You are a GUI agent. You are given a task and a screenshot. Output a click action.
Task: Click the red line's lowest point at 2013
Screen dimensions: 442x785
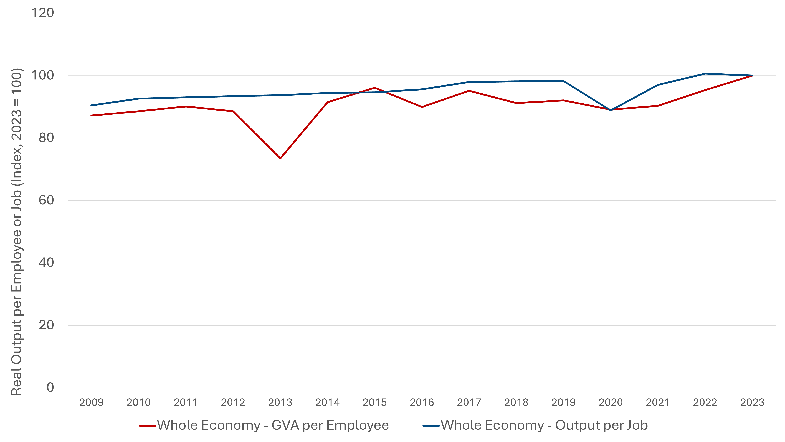click(x=280, y=158)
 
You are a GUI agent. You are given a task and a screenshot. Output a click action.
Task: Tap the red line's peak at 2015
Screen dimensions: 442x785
click(x=374, y=88)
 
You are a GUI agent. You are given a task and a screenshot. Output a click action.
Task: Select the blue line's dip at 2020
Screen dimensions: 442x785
click(x=610, y=110)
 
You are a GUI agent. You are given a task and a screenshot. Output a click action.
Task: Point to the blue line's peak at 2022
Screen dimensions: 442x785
click(x=705, y=74)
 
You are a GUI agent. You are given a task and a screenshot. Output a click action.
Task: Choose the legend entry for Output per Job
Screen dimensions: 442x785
click(x=544, y=425)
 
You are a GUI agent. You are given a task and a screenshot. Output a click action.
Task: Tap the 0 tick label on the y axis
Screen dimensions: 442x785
click(x=50, y=388)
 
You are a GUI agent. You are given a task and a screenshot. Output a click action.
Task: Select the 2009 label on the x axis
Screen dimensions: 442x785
click(x=91, y=402)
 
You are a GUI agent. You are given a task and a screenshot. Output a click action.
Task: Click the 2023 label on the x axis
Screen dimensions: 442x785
click(x=752, y=402)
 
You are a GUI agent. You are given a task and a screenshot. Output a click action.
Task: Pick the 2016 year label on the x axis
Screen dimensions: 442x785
click(x=422, y=402)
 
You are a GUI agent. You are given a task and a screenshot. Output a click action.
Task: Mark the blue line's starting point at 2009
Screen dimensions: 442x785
click(x=91, y=105)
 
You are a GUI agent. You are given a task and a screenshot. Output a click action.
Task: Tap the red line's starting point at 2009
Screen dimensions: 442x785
click(x=91, y=116)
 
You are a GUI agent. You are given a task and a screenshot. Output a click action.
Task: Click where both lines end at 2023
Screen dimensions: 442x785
click(x=752, y=76)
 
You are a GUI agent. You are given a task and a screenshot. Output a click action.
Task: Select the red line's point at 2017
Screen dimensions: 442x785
click(x=469, y=91)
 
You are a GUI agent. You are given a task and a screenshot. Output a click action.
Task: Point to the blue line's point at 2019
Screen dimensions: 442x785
click(x=563, y=81)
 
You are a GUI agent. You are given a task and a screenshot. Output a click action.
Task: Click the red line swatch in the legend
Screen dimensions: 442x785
click(x=148, y=426)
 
